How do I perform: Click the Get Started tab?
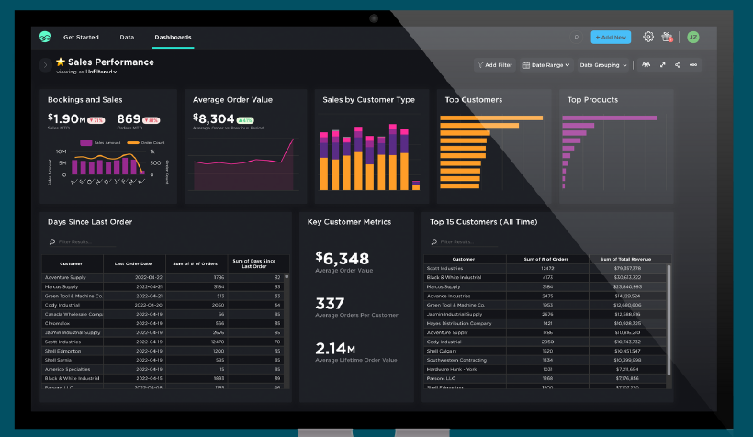81,38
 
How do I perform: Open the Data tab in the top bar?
127,38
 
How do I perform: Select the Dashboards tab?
173,38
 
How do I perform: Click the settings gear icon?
648,37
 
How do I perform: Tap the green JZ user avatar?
692,37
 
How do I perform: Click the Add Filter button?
495,65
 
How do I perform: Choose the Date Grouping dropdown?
603,65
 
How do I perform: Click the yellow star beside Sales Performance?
61,62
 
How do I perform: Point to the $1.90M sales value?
67,118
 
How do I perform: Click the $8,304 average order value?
213,118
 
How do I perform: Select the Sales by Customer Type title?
367,99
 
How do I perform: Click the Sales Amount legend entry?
102,143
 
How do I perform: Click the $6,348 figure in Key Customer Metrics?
342,258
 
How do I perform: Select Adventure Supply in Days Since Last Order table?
65,277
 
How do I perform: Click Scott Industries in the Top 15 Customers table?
445,268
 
